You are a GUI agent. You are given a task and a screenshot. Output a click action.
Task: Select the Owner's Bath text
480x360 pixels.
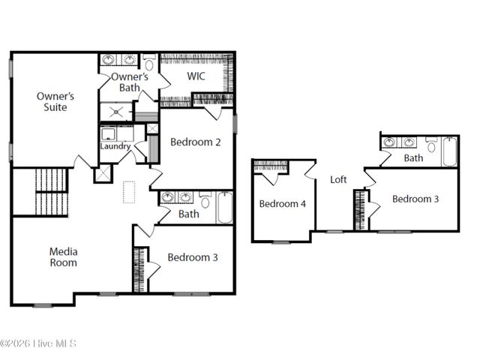[129, 82]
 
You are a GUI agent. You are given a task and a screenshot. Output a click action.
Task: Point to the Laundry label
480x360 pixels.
[115, 145]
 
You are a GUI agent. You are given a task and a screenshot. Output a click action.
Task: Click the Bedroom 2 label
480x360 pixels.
[195, 142]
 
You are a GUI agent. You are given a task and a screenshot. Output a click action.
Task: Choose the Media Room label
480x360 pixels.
[63, 256]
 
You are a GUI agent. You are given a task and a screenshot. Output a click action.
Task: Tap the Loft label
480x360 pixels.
[338, 179]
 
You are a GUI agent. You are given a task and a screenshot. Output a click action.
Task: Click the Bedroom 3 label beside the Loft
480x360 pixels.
[415, 199]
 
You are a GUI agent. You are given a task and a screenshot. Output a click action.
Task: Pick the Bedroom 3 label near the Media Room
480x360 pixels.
[193, 257]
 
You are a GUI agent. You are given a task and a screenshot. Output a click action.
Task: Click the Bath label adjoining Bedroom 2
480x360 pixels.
[188, 214]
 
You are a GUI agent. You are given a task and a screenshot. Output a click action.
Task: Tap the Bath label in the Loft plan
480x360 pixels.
[413, 158]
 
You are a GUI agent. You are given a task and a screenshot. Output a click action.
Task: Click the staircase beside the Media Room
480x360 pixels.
[51, 191]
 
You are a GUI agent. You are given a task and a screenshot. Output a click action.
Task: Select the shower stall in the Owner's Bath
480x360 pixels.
[117, 112]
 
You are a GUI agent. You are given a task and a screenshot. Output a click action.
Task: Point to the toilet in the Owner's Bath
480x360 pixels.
[149, 62]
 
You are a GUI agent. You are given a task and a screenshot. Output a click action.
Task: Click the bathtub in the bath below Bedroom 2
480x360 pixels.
[225, 207]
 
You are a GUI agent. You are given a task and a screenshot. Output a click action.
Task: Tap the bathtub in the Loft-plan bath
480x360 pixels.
[449, 151]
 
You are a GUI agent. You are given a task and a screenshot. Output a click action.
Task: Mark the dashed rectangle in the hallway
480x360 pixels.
[129, 192]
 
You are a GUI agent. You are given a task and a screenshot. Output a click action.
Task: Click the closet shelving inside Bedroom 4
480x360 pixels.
[271, 166]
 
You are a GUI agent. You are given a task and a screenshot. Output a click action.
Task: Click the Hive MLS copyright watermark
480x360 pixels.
[38, 343]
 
